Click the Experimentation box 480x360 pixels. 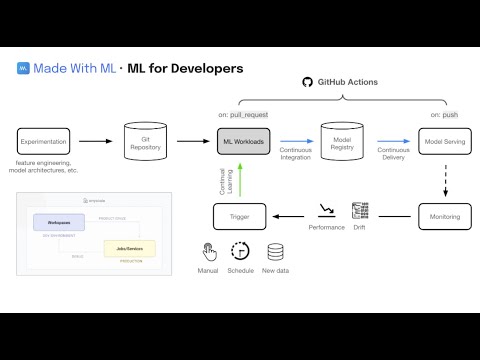[x=45, y=141]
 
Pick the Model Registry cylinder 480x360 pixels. [x=342, y=141]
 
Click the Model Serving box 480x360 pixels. [x=444, y=141]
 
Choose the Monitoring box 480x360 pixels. [x=444, y=215]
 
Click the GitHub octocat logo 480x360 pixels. [x=308, y=81]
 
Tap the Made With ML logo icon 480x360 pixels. [x=23, y=69]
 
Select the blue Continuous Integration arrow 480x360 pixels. [x=296, y=141]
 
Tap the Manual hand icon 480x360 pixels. [x=209, y=251]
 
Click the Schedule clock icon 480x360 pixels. [x=240, y=251]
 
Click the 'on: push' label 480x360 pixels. [x=444, y=115]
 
